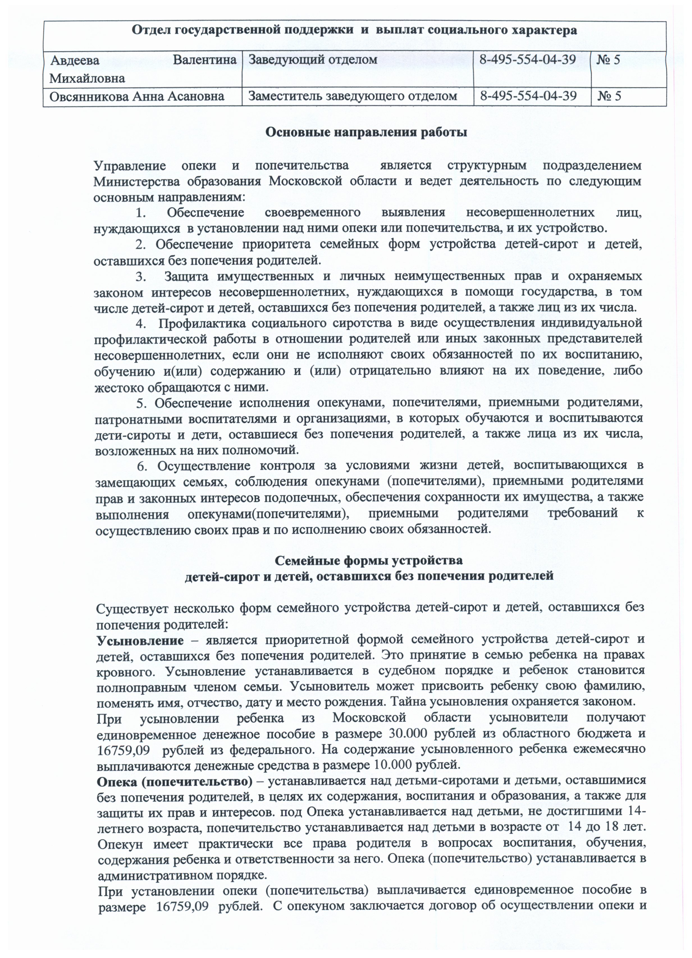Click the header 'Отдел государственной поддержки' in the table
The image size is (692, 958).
(354, 30)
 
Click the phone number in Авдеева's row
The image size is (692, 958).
(528, 60)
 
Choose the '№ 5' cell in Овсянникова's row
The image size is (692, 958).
(609, 96)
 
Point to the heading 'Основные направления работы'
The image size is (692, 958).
(366, 132)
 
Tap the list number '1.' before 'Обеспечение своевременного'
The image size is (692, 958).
(141, 212)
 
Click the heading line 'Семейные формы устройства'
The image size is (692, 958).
(368, 561)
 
